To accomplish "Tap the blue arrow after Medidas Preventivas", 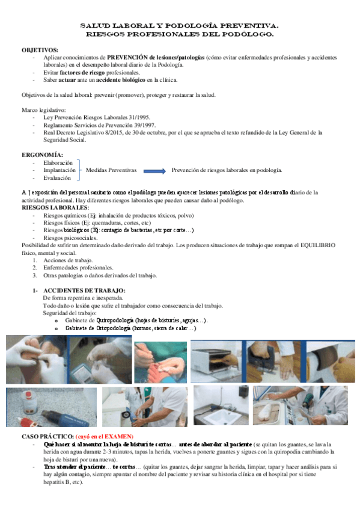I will click(154, 171).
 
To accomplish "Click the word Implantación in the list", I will click(59, 170).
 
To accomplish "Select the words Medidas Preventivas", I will click(111, 170).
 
